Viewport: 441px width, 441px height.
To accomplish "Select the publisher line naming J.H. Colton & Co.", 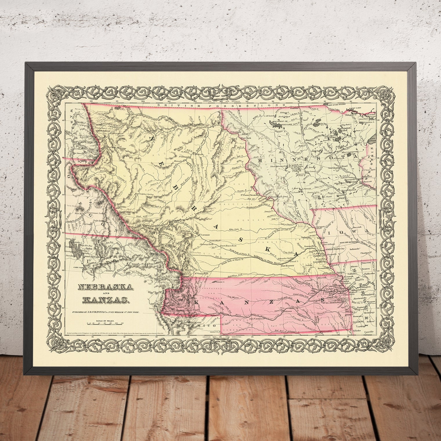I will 106,312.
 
